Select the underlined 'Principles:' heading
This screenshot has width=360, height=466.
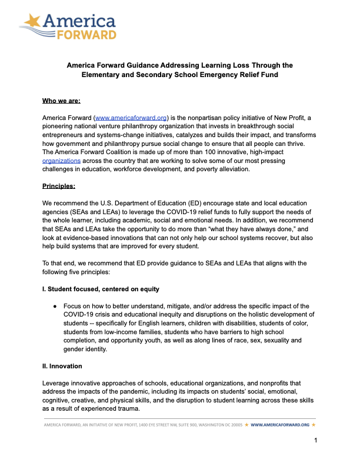(x=60, y=187)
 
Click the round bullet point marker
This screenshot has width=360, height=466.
(x=54, y=307)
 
